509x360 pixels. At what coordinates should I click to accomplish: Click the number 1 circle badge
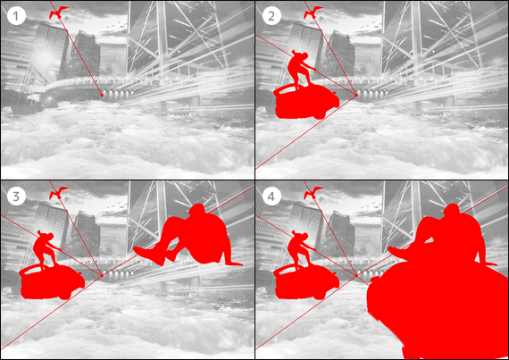(16, 15)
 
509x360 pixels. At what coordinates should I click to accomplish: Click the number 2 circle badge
(271, 15)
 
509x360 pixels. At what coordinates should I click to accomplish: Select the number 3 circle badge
(16, 196)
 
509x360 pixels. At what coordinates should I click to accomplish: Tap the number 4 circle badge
(271, 196)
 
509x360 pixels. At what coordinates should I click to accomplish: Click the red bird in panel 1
(58, 13)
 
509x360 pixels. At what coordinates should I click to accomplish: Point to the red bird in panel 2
(313, 13)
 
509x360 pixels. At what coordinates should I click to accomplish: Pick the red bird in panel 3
(58, 194)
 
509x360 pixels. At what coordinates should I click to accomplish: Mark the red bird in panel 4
(313, 194)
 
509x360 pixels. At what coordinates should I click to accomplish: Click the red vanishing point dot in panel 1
(102, 95)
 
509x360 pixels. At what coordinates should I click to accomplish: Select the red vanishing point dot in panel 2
(356, 95)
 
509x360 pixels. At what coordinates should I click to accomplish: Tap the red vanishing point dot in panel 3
(102, 275)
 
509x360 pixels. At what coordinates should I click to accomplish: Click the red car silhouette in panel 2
(305, 101)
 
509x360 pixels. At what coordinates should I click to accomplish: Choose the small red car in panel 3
(51, 281)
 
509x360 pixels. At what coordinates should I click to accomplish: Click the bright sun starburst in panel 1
(46, 57)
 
